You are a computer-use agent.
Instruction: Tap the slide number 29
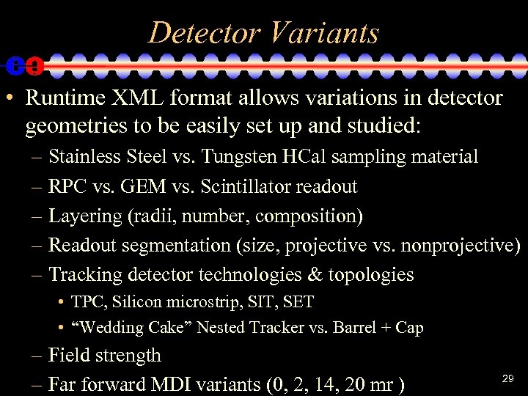(x=507, y=378)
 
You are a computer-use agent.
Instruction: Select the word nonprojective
(x=460, y=245)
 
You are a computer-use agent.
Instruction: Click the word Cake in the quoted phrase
(x=175, y=327)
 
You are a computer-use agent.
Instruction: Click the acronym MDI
(x=202, y=384)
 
